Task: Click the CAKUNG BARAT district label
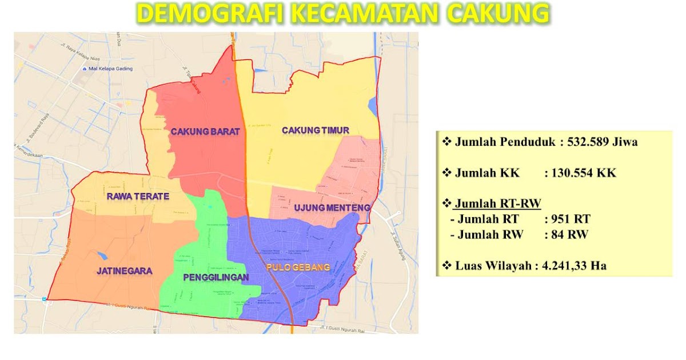pos(205,131)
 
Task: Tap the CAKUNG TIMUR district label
pos(315,130)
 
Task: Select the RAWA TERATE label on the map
pos(138,197)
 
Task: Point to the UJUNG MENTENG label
pos(332,207)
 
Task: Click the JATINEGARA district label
pos(124,271)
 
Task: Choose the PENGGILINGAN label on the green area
pos(216,278)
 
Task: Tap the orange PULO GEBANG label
pos(298,267)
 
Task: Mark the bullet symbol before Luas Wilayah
pos(447,265)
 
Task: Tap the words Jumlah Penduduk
pos(505,142)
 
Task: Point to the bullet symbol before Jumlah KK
pos(447,173)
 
